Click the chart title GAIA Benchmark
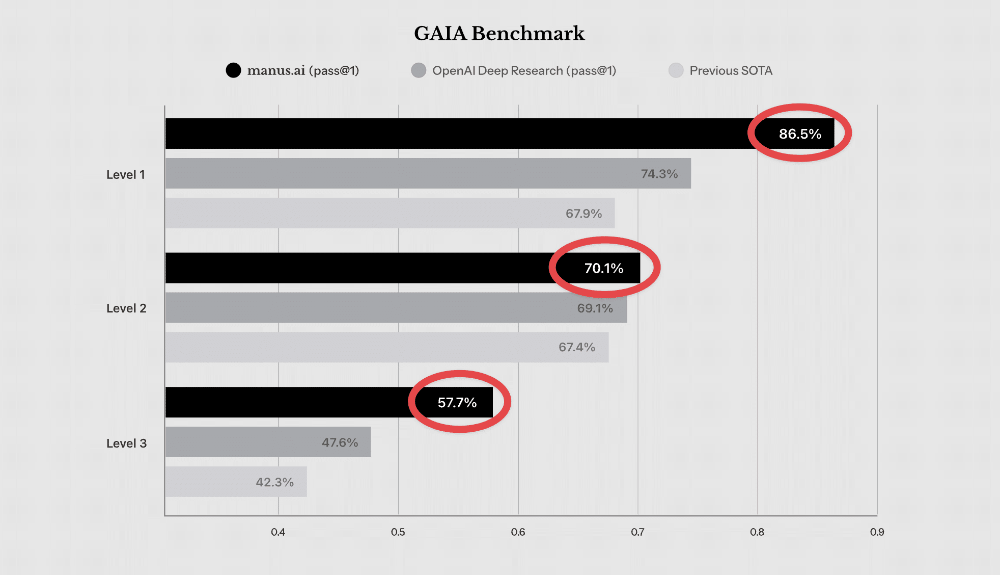[499, 34]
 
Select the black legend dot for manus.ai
[233, 70]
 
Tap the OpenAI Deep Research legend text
[524, 70]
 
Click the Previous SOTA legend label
[731, 70]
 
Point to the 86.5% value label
[800, 134]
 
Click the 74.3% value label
[659, 174]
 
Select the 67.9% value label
[584, 214]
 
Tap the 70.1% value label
[604, 268]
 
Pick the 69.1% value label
[595, 308]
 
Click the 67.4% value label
[577, 347]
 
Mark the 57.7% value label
[457, 403]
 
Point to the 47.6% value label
[340, 442]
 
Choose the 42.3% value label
[274, 482]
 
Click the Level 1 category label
[126, 175]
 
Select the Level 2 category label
[126, 308]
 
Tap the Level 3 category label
[126, 443]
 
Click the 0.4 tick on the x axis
[278, 532]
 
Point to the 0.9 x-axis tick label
[877, 532]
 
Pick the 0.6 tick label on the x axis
[518, 532]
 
